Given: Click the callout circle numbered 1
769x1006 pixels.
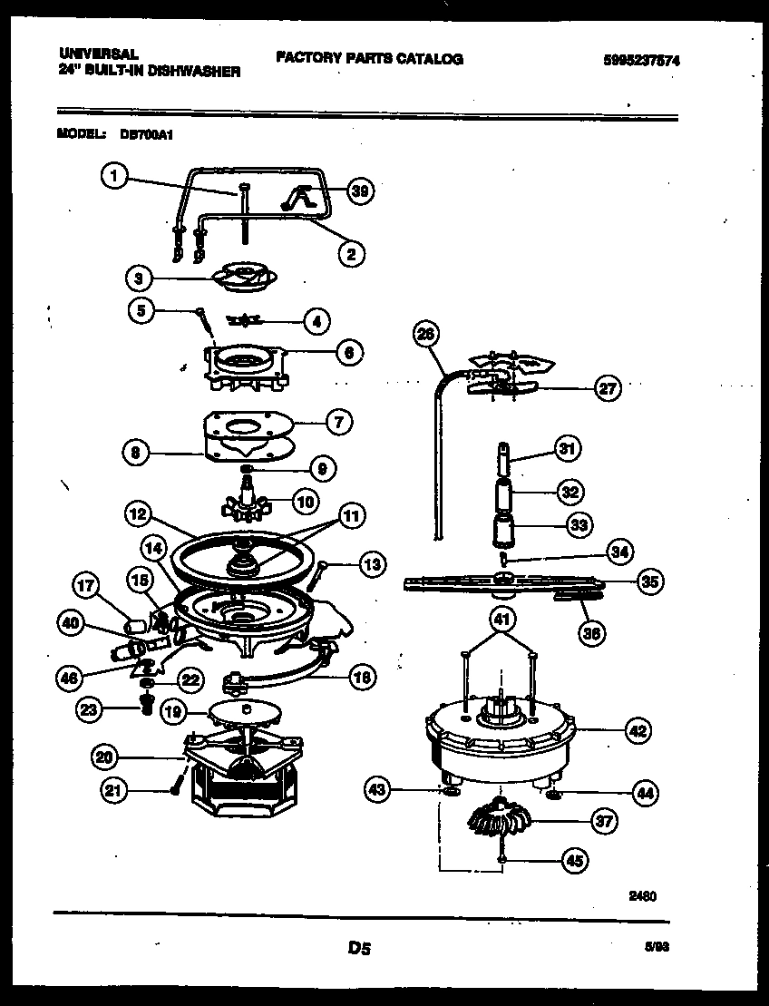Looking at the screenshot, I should [112, 177].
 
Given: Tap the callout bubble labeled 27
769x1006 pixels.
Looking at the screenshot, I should [607, 388].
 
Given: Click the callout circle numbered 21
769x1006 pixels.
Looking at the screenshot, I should [112, 791].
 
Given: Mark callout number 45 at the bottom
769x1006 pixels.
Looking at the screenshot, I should [575, 860].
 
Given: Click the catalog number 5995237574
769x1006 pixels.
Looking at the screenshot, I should [641, 62].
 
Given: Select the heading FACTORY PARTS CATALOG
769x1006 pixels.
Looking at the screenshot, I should [369, 59].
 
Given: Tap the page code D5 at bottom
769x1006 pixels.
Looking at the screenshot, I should [359, 949].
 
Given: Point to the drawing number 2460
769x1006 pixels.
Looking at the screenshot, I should [642, 894].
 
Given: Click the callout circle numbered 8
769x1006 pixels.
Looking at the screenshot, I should [134, 452].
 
